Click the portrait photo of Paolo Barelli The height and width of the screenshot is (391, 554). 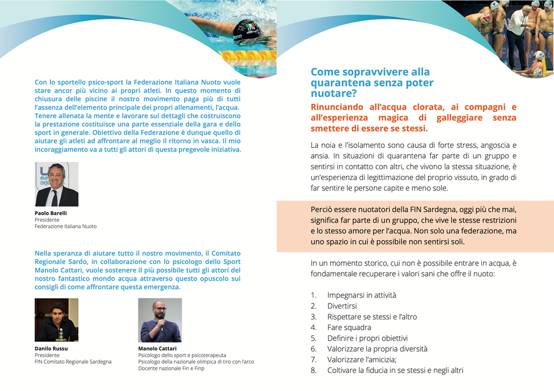click(56, 184)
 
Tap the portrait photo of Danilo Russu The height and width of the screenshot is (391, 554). click(56, 320)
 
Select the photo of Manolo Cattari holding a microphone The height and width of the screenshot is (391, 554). click(160, 320)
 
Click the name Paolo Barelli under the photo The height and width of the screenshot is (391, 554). click(51, 213)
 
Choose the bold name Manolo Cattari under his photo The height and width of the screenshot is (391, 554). click(157, 349)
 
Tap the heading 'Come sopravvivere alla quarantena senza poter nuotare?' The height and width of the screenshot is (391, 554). click(372, 83)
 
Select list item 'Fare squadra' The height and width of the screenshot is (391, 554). click(349, 328)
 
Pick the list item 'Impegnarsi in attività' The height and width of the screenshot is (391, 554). click(361, 295)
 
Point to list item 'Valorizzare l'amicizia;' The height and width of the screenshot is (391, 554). click(362, 360)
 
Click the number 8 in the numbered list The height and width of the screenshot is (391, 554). click(313, 370)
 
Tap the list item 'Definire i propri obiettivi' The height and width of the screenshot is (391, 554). click(367, 339)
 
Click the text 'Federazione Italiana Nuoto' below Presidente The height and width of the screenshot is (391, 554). click(65, 227)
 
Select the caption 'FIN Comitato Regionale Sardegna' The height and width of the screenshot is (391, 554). click(73, 362)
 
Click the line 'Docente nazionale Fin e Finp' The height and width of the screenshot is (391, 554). click(171, 368)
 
